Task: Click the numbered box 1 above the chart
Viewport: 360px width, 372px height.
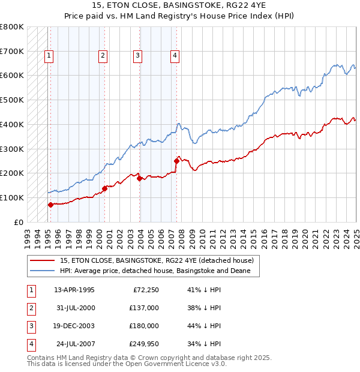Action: [49, 56]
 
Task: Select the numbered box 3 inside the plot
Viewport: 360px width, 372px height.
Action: [137, 56]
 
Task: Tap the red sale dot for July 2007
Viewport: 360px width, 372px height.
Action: [176, 161]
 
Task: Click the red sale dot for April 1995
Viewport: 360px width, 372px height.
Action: [50, 205]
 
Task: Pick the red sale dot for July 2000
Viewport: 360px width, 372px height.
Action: [104, 188]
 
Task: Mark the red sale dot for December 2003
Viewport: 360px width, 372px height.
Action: [139, 178]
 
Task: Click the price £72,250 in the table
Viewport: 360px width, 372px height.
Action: [145, 290]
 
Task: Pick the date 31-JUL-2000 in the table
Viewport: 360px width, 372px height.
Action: [74, 308]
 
